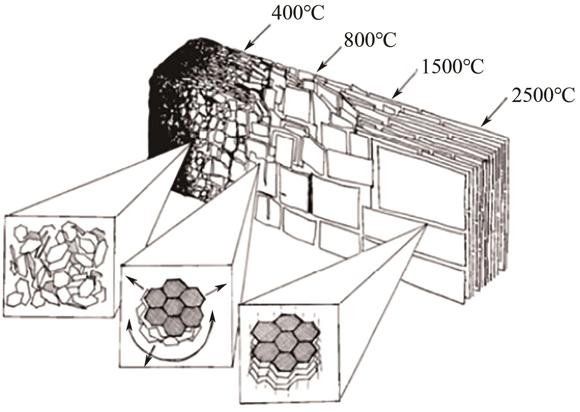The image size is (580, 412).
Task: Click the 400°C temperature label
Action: click(x=298, y=13)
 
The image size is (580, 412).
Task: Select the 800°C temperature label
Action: click(x=370, y=40)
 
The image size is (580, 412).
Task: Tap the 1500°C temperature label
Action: click(x=452, y=67)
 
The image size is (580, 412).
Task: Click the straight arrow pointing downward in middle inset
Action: click(x=148, y=356)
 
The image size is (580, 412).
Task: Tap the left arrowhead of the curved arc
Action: click(x=129, y=326)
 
